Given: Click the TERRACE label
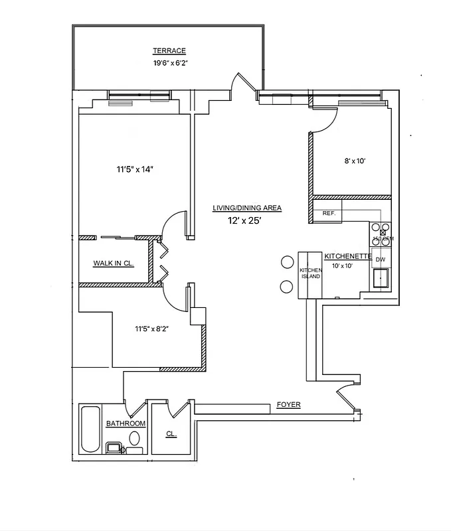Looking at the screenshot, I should coord(169,51).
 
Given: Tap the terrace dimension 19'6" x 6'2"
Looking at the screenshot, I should coord(169,64).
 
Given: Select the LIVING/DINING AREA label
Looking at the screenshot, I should coord(246,208).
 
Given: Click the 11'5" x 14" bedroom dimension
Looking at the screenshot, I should coord(135,169).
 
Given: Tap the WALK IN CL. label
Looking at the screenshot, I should coord(114,263).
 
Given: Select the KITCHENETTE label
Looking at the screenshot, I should coord(347,256).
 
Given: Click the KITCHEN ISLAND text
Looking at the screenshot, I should coord(310,273).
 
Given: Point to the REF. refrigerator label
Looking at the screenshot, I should coord(328,214).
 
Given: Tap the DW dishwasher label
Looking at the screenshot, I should coord(381,260).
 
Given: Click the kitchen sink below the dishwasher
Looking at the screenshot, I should coord(381,279).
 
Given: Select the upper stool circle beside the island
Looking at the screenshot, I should coord(288,262).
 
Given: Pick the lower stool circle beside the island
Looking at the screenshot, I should coord(287,287).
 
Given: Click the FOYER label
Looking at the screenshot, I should coord(288,404).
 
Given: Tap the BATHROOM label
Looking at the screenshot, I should coord(126,423).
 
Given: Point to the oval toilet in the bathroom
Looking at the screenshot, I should coord(135,438).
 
